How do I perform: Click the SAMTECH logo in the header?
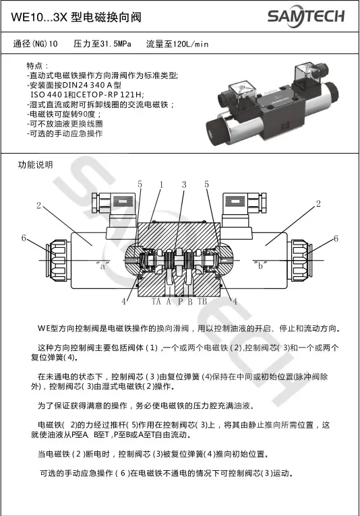[306, 16]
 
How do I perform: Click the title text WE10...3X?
[39, 17]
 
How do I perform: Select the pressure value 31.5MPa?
[115, 44]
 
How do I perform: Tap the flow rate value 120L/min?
[191, 44]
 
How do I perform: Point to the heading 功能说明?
[35, 164]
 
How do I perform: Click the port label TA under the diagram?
[156, 301]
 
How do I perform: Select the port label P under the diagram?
[180, 301]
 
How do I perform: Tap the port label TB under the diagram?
[202, 301]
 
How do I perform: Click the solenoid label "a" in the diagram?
[102, 265]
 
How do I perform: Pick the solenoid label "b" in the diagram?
[260, 265]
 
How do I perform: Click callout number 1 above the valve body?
[161, 185]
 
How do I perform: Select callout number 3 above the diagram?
[184, 185]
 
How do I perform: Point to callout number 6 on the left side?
[24, 238]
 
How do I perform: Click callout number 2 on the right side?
[318, 203]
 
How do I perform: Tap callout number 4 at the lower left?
[124, 301]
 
